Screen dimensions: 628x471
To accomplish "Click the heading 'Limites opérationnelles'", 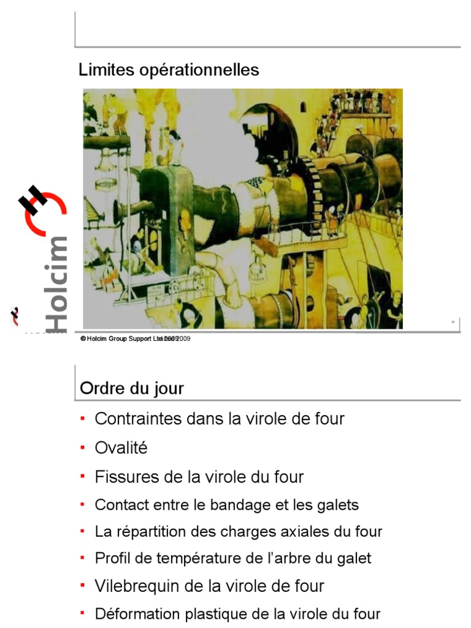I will coord(169,71).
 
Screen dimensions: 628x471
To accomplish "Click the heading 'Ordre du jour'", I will coord(132,389).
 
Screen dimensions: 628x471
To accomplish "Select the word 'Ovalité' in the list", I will coord(121,448).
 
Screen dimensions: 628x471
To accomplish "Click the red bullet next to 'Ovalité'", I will coord(83,448).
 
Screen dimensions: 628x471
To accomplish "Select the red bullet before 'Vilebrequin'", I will coord(83,585).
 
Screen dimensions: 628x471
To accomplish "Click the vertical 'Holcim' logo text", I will coord(56,282).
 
